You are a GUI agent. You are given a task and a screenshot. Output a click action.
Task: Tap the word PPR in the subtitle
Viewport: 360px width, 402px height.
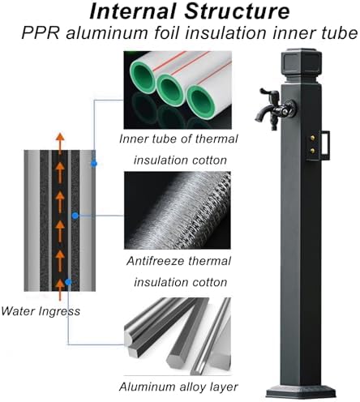coord(40,33)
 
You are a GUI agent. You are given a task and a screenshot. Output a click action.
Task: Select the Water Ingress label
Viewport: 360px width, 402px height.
coord(41,311)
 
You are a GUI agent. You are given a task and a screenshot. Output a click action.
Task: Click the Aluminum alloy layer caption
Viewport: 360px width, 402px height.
coord(178,387)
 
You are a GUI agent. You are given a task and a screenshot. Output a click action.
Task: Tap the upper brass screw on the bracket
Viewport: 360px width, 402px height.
coord(312,138)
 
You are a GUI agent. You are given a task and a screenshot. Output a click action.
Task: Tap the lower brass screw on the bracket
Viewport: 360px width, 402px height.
coord(312,151)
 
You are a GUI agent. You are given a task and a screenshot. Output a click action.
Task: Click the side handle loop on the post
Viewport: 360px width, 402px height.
coord(326,144)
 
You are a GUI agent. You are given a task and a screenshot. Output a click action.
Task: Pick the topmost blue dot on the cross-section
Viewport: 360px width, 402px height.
coord(94,164)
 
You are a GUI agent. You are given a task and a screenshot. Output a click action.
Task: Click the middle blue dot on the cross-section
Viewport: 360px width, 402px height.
coord(75,216)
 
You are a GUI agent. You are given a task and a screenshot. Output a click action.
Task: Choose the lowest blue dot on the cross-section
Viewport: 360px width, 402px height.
coord(68,282)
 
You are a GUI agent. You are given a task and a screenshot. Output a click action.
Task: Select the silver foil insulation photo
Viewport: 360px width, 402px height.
coord(178,210)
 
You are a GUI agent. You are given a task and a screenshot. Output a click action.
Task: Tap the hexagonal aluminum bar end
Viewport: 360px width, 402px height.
coord(176,360)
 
